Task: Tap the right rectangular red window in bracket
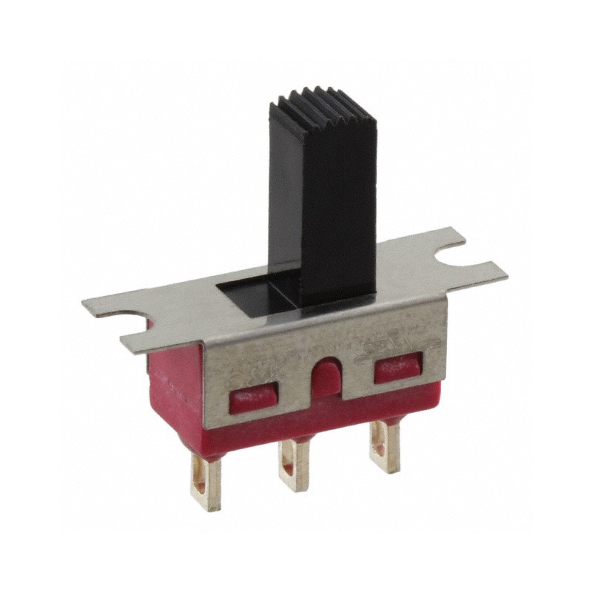(397, 366)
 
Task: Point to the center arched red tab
(326, 378)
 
